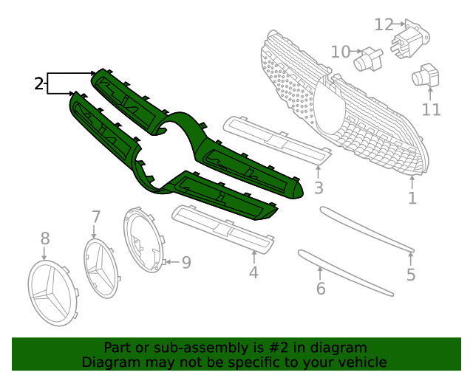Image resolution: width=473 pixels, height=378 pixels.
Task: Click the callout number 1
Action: tap(412, 198)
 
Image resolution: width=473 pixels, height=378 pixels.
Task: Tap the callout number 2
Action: tap(39, 83)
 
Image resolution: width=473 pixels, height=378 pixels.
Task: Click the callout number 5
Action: tap(411, 275)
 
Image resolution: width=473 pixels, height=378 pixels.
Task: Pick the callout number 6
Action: tap(321, 288)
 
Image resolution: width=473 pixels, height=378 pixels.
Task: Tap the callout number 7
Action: tap(96, 216)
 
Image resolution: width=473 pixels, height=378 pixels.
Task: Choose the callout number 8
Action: tap(44, 238)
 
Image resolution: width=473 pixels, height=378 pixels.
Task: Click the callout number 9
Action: tap(186, 262)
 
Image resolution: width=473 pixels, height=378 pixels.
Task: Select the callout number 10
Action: tap(341, 52)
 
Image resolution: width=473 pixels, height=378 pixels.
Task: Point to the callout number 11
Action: tap(432, 110)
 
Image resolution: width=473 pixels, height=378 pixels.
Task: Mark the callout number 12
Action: tap(384, 24)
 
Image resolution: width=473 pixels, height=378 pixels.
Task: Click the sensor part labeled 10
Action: tap(370, 59)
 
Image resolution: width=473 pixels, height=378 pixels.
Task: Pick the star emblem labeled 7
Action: tap(101, 268)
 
